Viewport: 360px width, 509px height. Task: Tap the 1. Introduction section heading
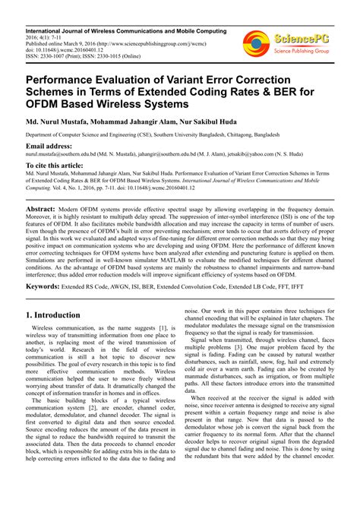62,314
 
